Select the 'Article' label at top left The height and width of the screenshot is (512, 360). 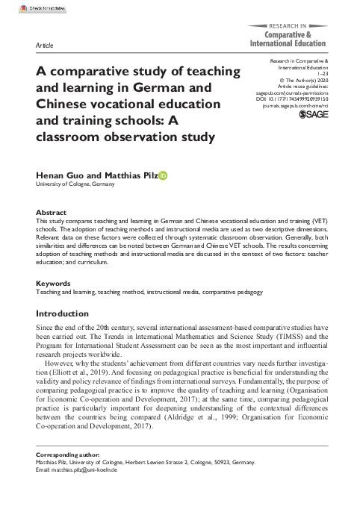[44, 46]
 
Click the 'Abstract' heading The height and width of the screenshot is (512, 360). [52, 213]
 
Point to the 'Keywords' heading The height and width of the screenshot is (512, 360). [55, 284]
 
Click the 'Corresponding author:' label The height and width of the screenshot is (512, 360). [67, 455]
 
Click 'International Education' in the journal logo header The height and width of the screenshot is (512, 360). [288, 44]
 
